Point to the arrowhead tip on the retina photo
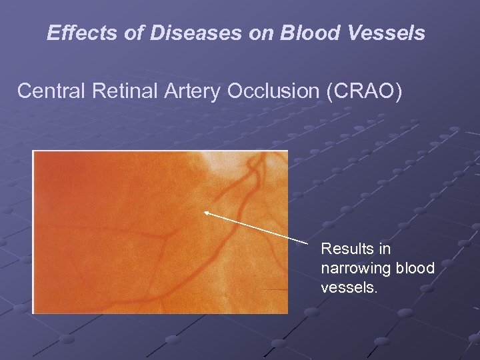206,212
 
